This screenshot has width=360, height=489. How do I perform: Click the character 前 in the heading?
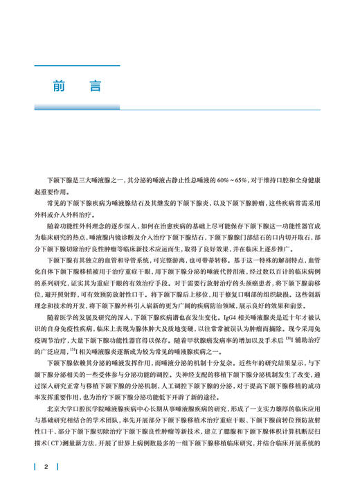(x=58, y=87)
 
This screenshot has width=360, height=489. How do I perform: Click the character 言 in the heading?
(x=94, y=87)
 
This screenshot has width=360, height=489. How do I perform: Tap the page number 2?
(x=46, y=466)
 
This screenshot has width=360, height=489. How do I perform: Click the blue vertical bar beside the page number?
(x=35, y=466)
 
